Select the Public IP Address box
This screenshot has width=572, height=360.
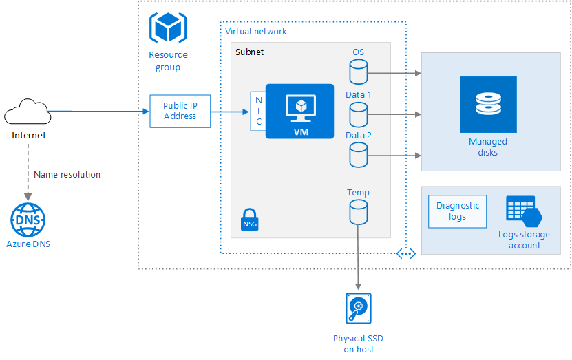[180, 112]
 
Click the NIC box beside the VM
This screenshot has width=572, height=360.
[259, 112]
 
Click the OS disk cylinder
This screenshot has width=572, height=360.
[358, 72]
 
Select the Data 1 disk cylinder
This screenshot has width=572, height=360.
[358, 114]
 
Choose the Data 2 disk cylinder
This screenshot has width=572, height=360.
[358, 155]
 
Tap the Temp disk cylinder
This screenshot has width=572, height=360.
[358, 212]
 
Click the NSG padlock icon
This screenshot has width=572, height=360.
[250, 220]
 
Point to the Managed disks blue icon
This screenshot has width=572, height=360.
[488, 104]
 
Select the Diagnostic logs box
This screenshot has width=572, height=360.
[457, 211]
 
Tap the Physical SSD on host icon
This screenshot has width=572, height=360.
[358, 308]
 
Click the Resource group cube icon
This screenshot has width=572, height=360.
[167, 28]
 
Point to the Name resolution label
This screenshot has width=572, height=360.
[67, 175]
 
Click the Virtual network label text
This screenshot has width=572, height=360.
[256, 32]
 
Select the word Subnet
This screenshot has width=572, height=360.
[249, 52]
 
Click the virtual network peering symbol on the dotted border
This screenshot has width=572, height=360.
[406, 253]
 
